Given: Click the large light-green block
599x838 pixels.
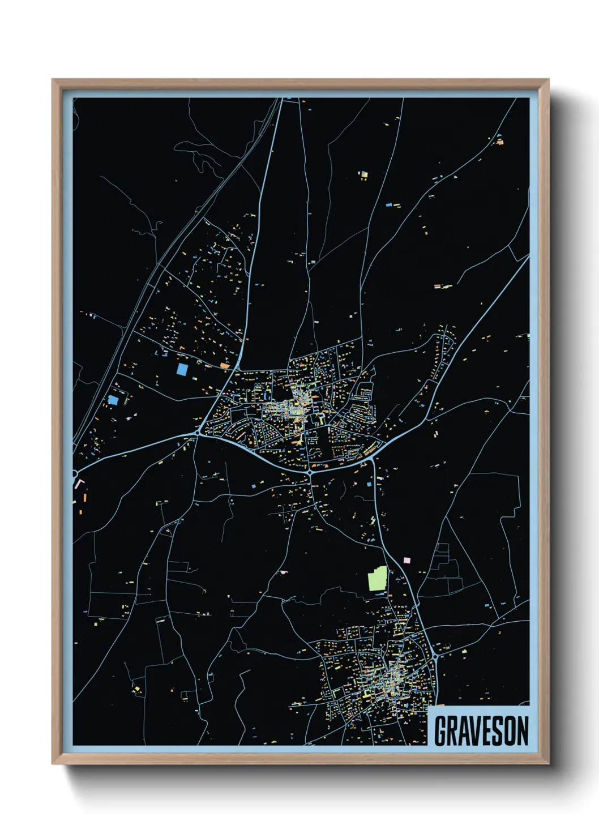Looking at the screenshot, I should click(377, 579).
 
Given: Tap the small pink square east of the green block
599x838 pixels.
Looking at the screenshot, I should click(406, 560).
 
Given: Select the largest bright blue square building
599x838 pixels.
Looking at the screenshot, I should click(182, 369).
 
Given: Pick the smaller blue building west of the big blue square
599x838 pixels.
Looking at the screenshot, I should click(113, 400).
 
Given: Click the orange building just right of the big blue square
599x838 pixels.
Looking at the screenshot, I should click(225, 366).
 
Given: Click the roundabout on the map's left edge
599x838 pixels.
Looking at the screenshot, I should click(75, 473).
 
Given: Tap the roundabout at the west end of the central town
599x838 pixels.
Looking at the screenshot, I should click(197, 433).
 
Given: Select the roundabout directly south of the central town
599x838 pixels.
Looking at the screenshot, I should click(310, 472).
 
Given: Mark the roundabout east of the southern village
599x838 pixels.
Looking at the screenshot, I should click(435, 656).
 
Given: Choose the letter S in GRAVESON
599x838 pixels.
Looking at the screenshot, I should click(499, 731).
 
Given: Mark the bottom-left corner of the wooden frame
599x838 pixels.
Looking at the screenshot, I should click(53, 764).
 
